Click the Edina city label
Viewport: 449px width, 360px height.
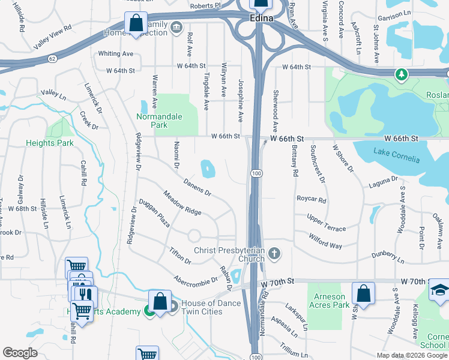[261, 19]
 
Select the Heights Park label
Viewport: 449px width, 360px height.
[49, 143]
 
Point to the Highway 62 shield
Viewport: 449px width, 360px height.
[52, 59]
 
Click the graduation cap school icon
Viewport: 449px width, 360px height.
[439, 292]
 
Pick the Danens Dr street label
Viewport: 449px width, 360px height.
[197, 187]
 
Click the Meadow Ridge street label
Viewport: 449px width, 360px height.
[182, 203]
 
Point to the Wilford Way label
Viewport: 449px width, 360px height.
[325, 241]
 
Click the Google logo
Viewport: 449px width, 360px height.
[20, 353]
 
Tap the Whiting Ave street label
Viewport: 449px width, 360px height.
[115, 54]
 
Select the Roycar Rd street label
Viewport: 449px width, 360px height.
[311, 200]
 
